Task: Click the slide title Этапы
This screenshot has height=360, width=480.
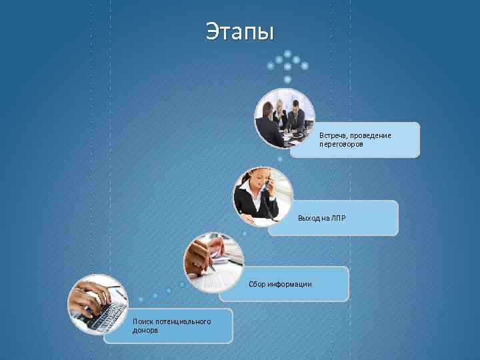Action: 239,31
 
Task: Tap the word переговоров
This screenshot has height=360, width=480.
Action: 341,144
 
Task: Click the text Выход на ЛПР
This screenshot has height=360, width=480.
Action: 322,218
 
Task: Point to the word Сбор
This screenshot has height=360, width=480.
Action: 257,284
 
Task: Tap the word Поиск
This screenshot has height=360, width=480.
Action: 143,321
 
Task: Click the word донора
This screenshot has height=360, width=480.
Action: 145,330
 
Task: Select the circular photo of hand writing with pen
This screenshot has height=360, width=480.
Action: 213,261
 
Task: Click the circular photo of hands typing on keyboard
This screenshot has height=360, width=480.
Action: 98,304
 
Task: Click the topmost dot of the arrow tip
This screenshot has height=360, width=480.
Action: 287,53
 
